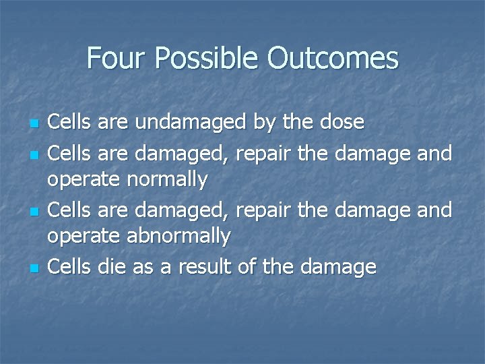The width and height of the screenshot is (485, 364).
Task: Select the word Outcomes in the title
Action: tap(333, 59)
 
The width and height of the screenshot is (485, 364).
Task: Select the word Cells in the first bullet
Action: tap(71, 123)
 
